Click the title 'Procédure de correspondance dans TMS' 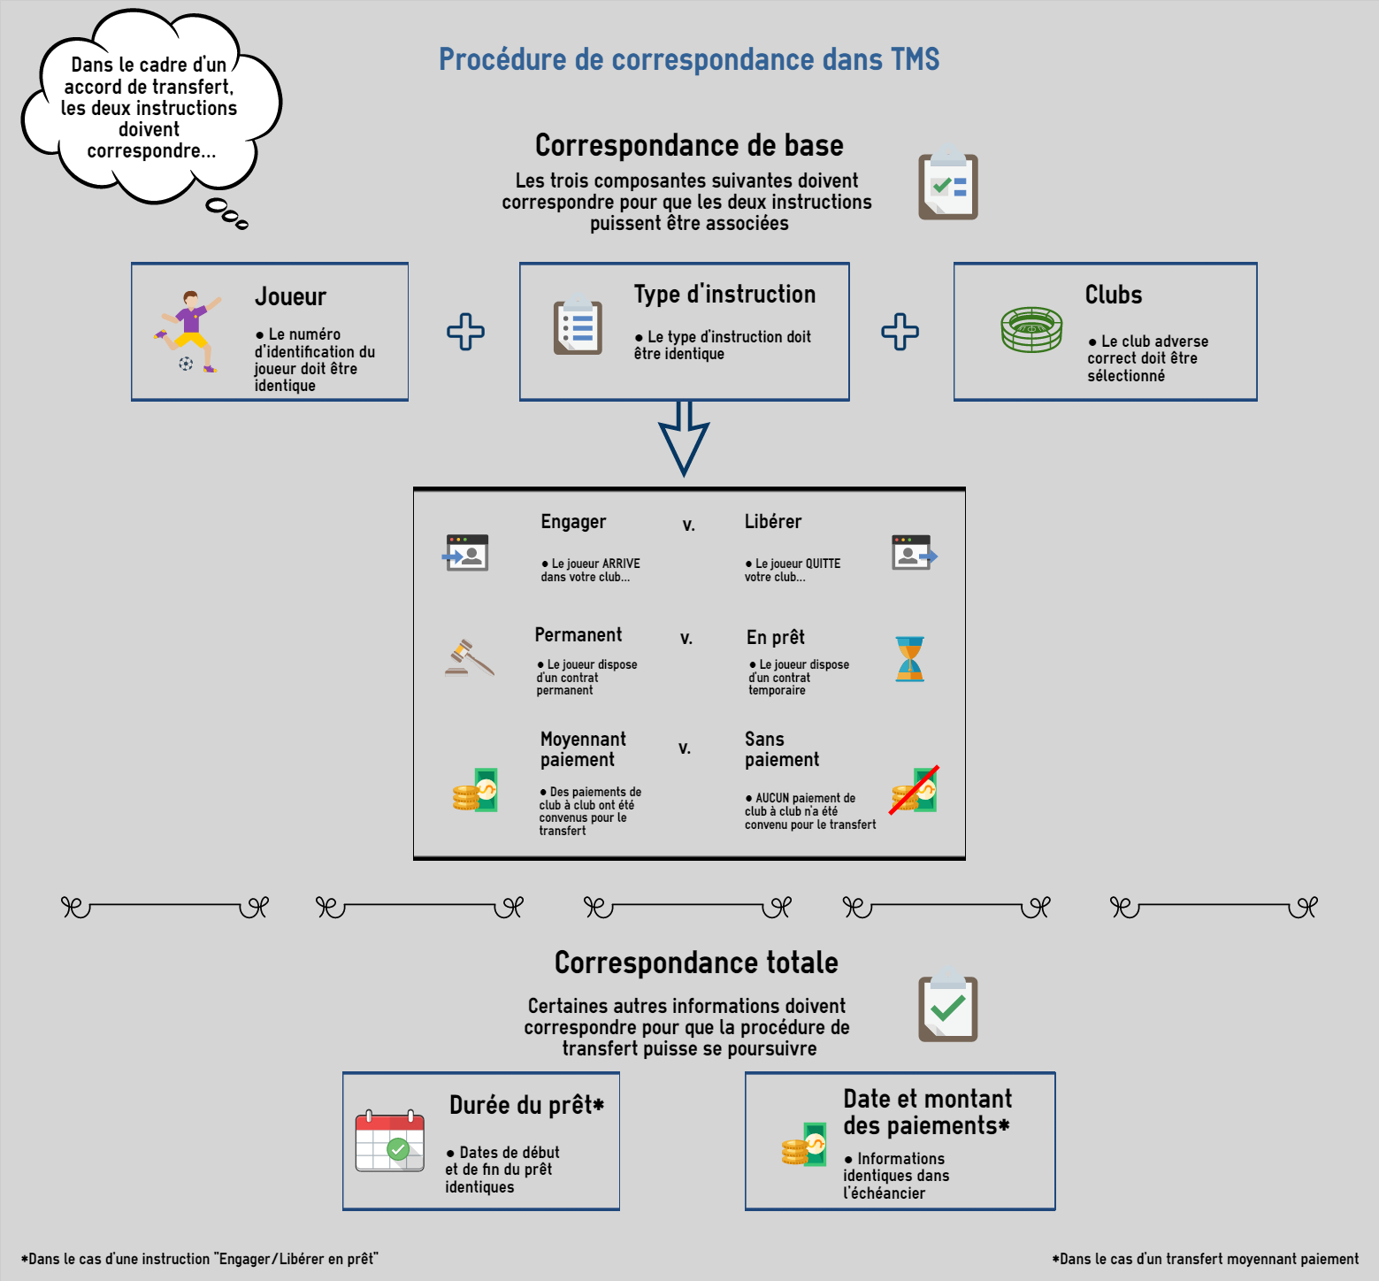689,59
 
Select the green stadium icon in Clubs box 1031,329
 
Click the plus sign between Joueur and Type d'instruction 465,332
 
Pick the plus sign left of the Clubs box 900,332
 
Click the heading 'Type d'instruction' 724,295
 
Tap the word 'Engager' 574,522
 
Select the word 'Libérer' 773,522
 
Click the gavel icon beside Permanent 470,657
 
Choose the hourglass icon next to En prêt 910,659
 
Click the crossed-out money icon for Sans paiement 915,790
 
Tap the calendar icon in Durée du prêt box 390,1141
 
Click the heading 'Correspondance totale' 696,963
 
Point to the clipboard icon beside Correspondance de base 948,182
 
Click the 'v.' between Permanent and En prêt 686,639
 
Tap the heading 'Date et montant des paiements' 927,1112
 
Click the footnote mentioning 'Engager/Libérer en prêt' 200,1259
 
